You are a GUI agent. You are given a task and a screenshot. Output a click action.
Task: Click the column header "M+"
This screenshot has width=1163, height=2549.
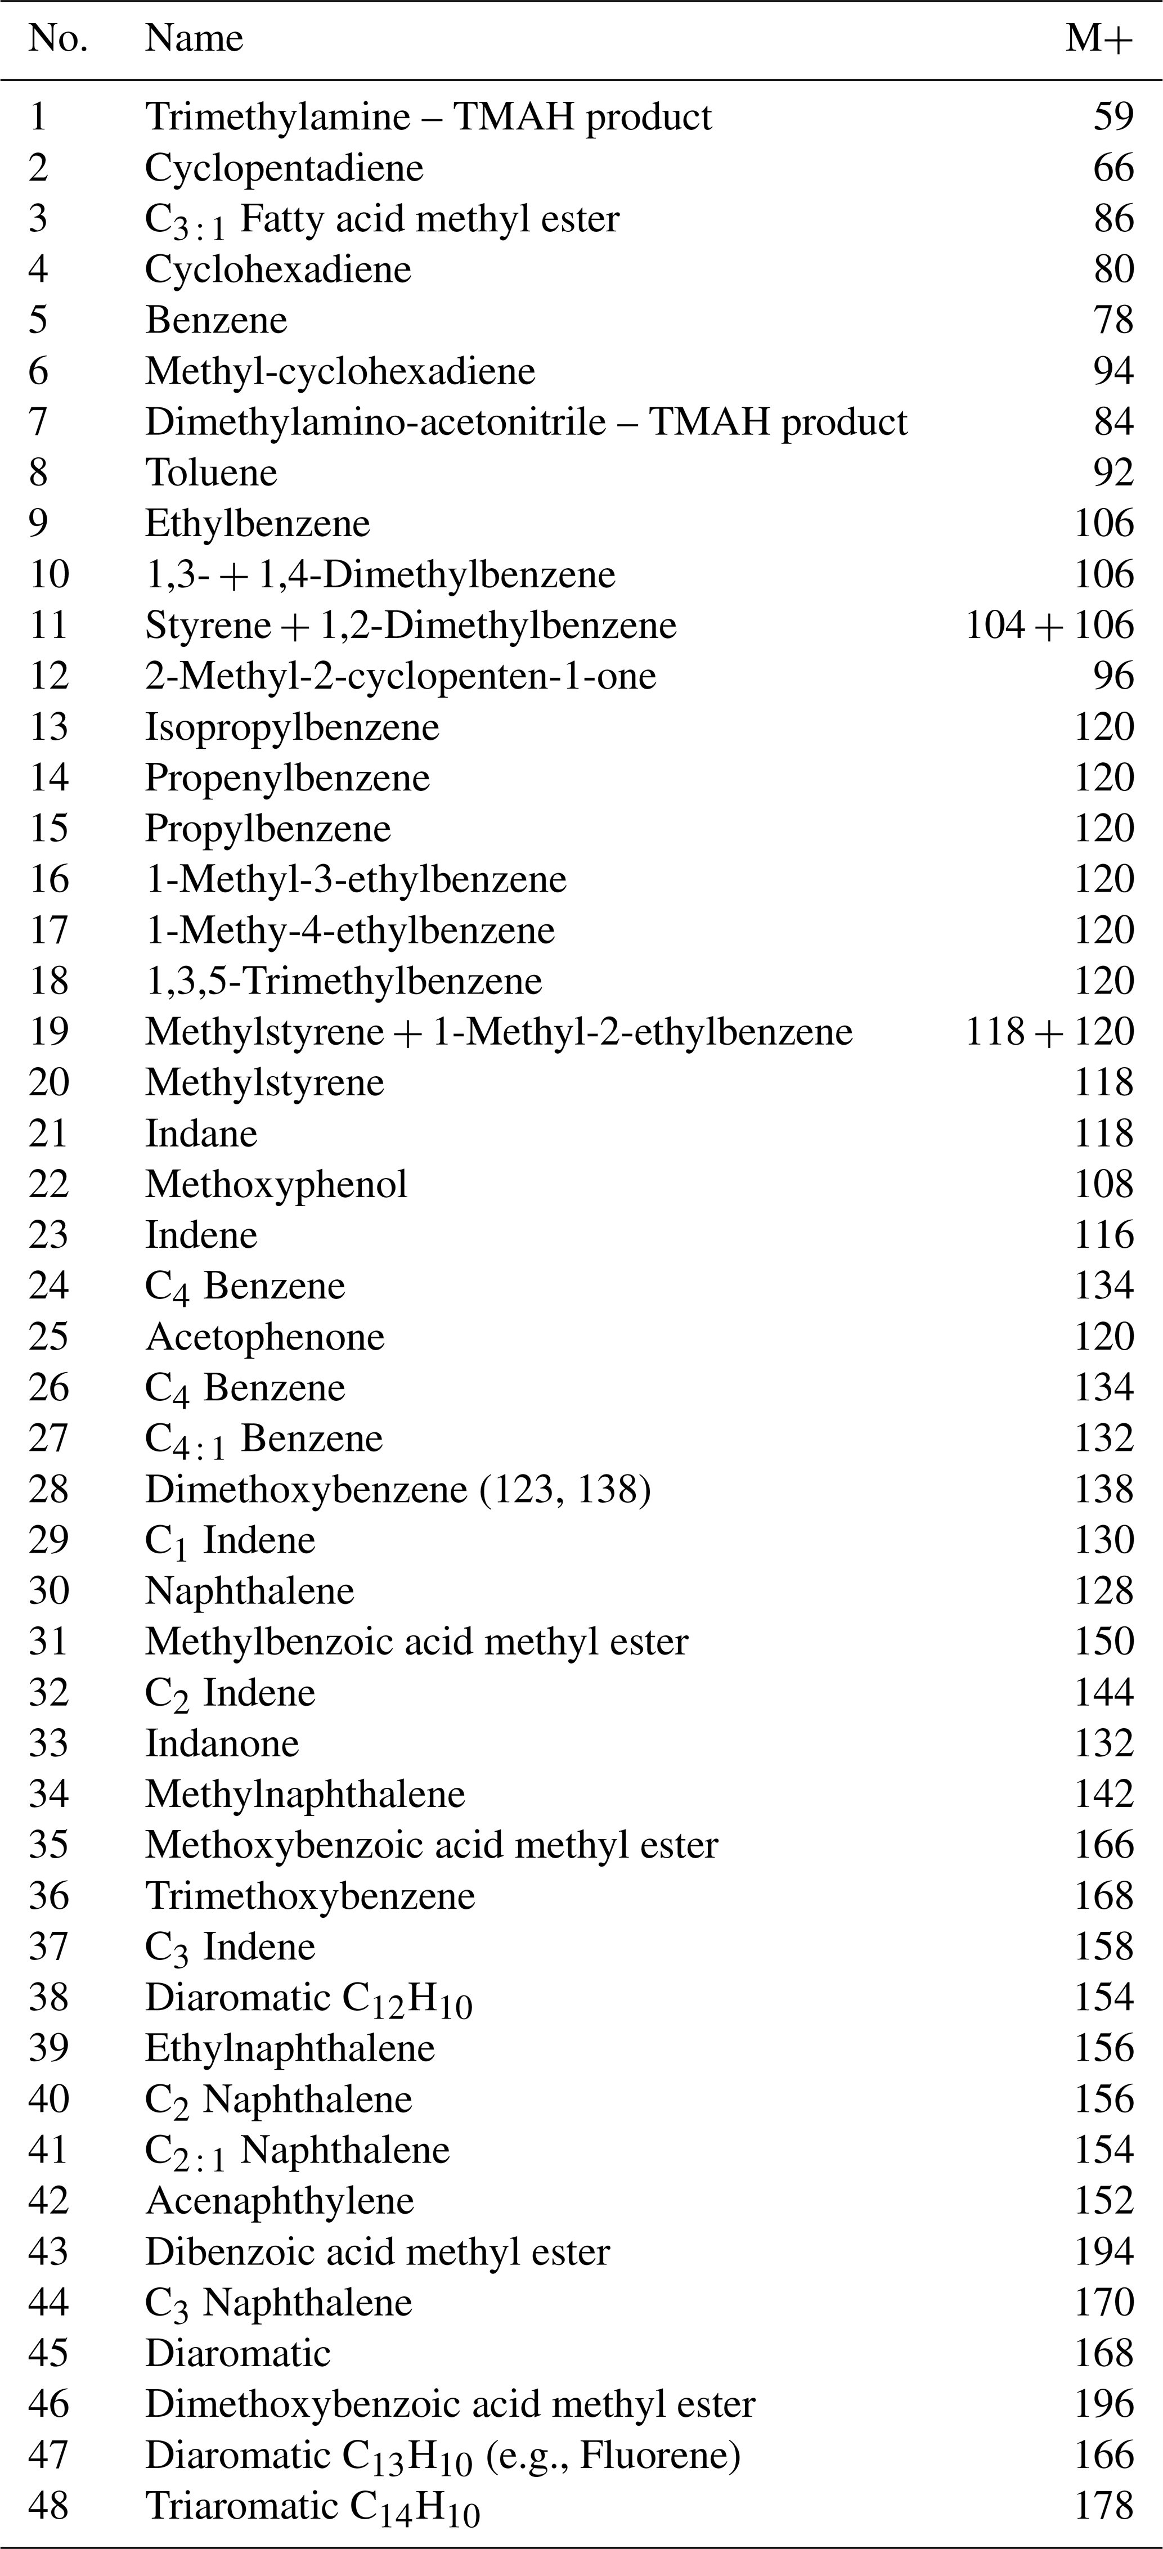pyautogui.click(x=1099, y=39)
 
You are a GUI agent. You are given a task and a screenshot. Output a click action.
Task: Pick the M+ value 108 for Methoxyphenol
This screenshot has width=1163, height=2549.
pyautogui.click(x=1103, y=1184)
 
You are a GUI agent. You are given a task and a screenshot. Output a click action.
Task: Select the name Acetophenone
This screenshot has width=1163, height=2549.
pyautogui.click(x=264, y=1336)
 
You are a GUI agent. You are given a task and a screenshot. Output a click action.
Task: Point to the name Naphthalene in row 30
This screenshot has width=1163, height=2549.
pyautogui.click(x=249, y=1590)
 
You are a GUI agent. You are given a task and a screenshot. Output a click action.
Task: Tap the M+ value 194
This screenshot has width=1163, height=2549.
pyautogui.click(x=1103, y=2251)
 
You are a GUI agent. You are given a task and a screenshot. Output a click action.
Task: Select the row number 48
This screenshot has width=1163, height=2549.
pyautogui.click(x=48, y=2506)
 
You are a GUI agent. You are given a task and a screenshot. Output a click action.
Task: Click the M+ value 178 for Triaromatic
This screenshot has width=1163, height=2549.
pyautogui.click(x=1103, y=2506)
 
